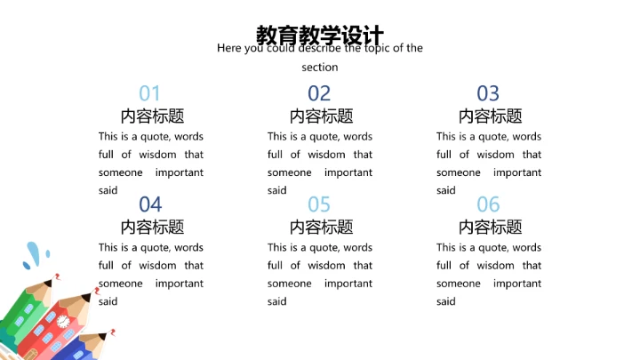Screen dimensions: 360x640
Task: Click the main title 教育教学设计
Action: tap(319, 35)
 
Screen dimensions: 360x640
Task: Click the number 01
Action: tap(150, 93)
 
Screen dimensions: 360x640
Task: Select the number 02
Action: tap(319, 93)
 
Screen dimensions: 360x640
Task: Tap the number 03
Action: tap(488, 93)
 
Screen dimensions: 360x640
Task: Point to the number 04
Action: tap(150, 204)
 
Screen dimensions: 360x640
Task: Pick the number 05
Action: tap(319, 204)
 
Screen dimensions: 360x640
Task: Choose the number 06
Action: tap(488, 204)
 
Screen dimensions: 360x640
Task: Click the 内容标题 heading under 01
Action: tap(152, 116)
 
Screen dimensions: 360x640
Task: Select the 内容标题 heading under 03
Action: tap(490, 116)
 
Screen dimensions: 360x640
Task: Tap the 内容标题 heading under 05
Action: tap(321, 227)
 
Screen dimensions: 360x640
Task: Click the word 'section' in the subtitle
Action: tap(319, 68)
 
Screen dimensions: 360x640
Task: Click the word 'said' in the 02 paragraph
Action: tap(276, 190)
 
